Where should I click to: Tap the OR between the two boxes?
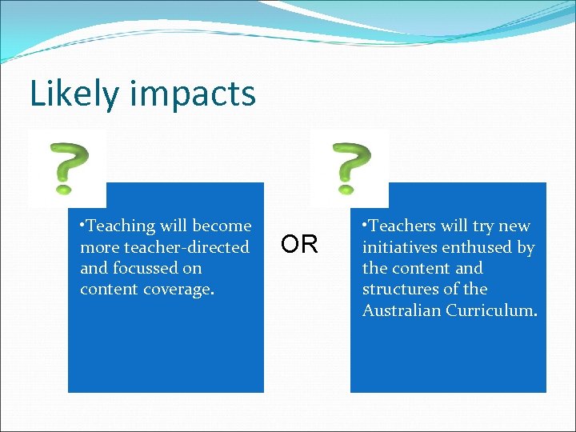[300, 244]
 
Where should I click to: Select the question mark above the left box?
[68, 168]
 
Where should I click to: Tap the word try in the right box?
[482, 226]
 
